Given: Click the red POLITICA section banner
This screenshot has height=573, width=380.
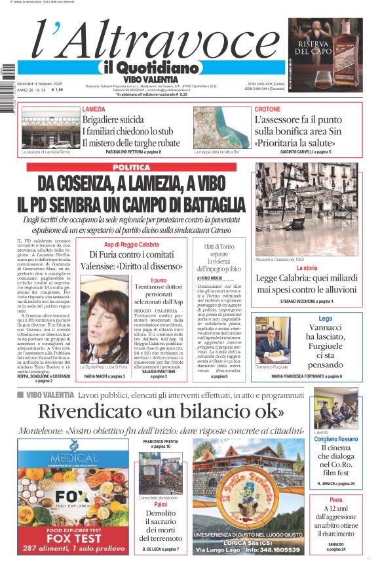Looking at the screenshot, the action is (131, 168).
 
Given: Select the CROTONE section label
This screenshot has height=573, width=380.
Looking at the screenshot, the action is (267, 109).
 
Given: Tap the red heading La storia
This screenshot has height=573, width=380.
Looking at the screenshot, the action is (307, 268).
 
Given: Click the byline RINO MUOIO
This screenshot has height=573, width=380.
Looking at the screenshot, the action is (210, 278).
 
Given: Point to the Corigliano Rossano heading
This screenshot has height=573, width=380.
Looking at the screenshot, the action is (335, 439).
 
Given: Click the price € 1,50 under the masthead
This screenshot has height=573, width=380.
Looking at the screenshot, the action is (58, 90).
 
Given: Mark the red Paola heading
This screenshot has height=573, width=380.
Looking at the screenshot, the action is (335, 500).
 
